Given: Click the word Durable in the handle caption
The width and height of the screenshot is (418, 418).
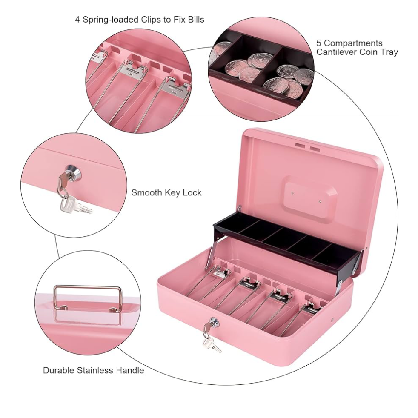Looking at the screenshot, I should (x=59, y=370).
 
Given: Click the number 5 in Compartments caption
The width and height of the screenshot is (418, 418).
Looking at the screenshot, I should (x=319, y=43).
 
